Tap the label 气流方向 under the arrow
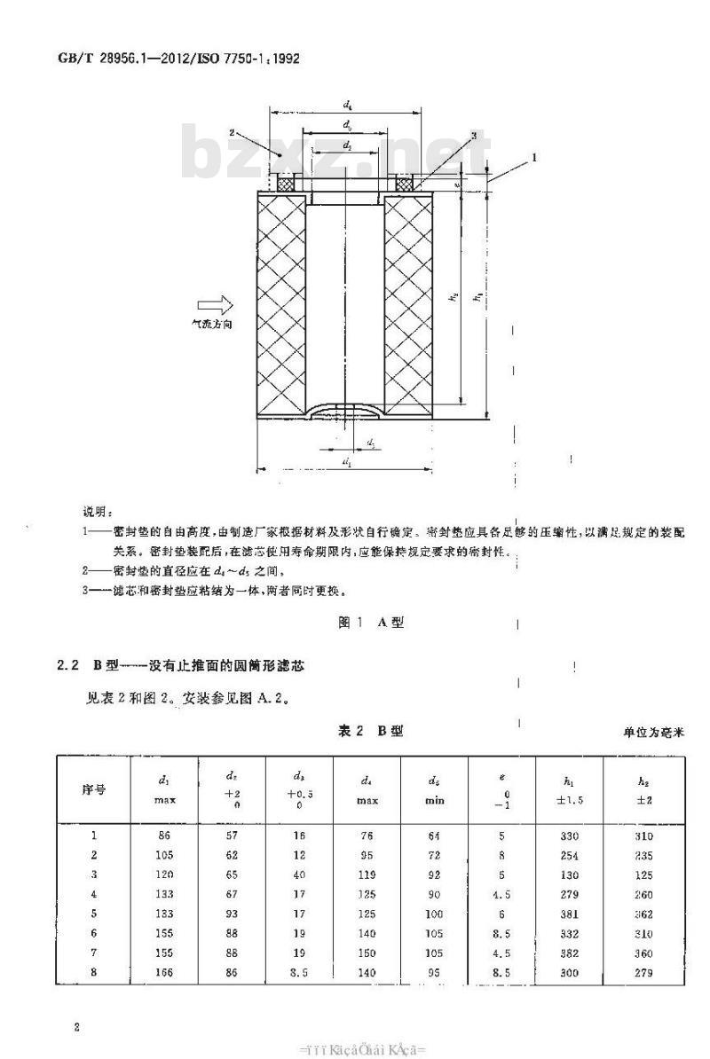[213, 326]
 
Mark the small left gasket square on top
[286, 184]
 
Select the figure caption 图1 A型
[372, 623]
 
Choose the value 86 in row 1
[165, 835]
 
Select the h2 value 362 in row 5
[643, 915]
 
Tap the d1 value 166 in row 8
[165, 973]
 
